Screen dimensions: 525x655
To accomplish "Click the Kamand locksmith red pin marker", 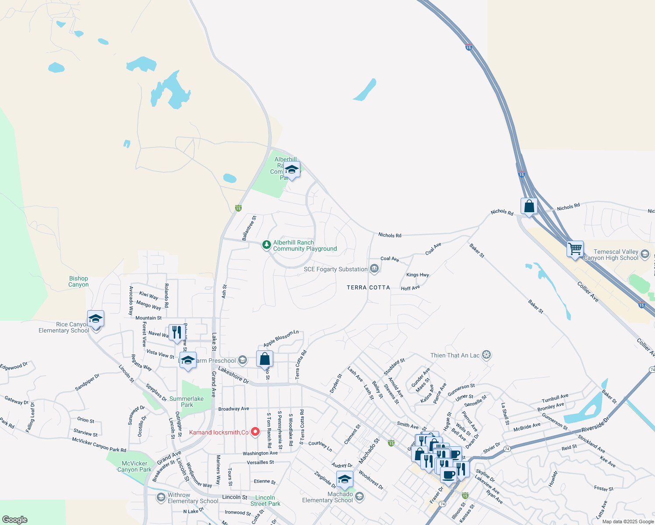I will coord(255,432).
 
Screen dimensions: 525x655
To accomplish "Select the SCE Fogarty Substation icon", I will coord(374,269).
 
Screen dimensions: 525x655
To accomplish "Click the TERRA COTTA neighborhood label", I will coord(368,287).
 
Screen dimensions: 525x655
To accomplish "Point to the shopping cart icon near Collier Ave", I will coord(575,248).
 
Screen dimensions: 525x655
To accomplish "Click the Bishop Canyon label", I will coord(78,281).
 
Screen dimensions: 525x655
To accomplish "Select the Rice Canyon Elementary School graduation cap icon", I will coord(95,319).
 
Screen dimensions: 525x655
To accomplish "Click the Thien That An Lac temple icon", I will coord(486,355).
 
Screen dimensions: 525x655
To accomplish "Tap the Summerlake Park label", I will coord(187,402).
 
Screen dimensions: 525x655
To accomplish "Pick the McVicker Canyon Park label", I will coord(134,466).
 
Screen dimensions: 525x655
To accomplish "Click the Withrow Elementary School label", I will coord(193,498).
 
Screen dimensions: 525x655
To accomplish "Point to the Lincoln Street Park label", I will coord(265,500).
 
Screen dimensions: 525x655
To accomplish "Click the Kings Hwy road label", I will coord(417,275).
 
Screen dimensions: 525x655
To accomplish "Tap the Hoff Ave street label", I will coord(410,288).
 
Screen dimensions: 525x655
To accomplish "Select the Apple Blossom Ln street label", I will coord(281,338).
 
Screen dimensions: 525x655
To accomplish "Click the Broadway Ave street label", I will coord(233,409).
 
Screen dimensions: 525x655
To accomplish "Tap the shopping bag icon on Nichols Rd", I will coord(529,206).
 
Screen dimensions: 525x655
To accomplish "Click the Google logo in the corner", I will coord(15,519).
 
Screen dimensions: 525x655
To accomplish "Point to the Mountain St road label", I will coord(148,318).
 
